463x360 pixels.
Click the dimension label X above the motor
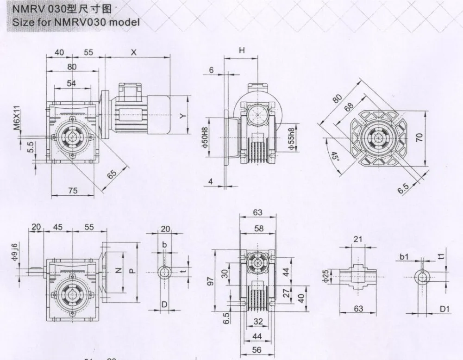(134, 53)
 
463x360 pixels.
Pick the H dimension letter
(241, 51)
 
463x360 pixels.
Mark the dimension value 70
(420, 137)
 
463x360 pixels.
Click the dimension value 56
(257, 350)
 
